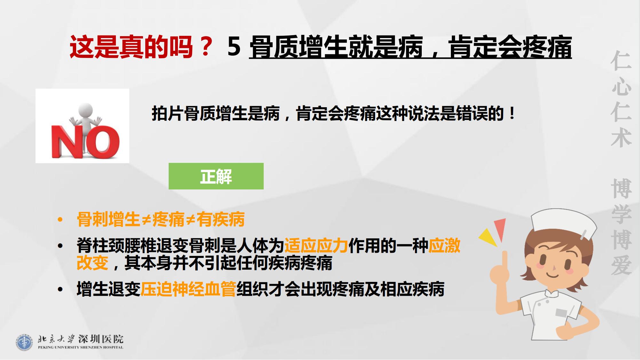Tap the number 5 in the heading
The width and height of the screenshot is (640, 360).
(234, 47)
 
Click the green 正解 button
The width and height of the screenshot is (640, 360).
(216, 176)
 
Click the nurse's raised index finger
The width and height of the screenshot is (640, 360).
(505, 261)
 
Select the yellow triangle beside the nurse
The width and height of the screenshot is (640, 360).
(489, 236)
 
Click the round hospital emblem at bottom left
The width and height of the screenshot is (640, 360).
(24, 342)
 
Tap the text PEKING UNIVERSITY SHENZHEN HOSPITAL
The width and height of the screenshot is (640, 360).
(80, 347)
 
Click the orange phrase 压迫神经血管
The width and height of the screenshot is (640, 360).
(188, 289)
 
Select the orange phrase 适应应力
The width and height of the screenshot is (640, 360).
(316, 246)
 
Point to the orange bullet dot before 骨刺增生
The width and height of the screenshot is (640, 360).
(60, 220)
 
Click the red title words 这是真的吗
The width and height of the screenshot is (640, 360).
(131, 47)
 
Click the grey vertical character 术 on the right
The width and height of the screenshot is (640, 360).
(621, 138)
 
